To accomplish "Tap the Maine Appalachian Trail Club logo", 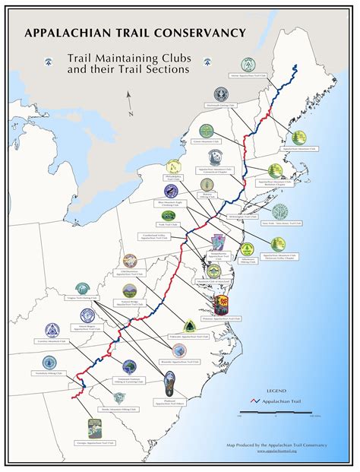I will click(x=248, y=65).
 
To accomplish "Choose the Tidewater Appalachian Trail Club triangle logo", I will click(x=190, y=326).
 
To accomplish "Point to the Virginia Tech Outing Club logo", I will click(x=82, y=289).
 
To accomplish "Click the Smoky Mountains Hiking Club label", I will click(x=118, y=409).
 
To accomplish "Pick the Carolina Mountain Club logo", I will click(x=52, y=331).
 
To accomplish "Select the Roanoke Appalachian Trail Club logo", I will click(x=179, y=351).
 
